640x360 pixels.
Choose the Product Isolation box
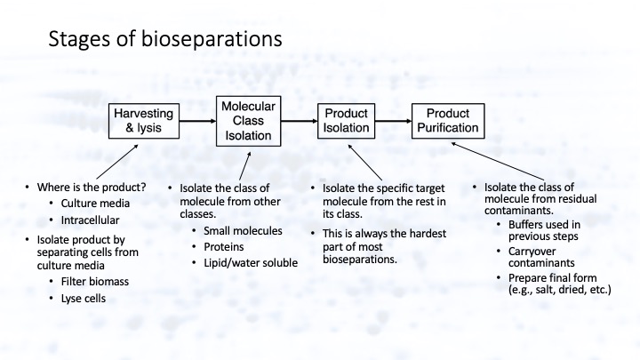pyautogui.click(x=346, y=120)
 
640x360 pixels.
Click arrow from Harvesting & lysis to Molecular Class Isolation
pyautogui.click(x=196, y=120)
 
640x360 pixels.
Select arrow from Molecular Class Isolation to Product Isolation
pyautogui.click(x=304, y=120)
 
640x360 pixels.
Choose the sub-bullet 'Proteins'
pyautogui.click(x=218, y=247)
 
